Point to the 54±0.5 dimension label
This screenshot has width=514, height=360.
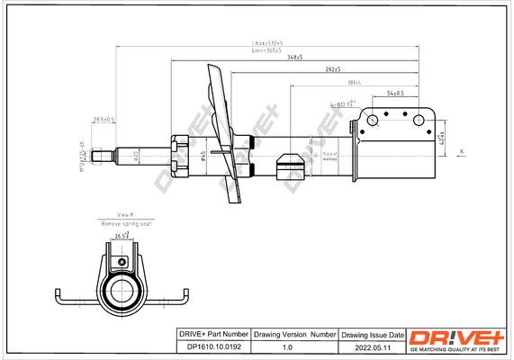pos(394,93)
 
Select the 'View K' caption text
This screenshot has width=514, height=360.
pos(126,214)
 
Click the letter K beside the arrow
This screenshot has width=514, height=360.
pos(462,150)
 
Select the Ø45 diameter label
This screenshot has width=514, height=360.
pos(203,156)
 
